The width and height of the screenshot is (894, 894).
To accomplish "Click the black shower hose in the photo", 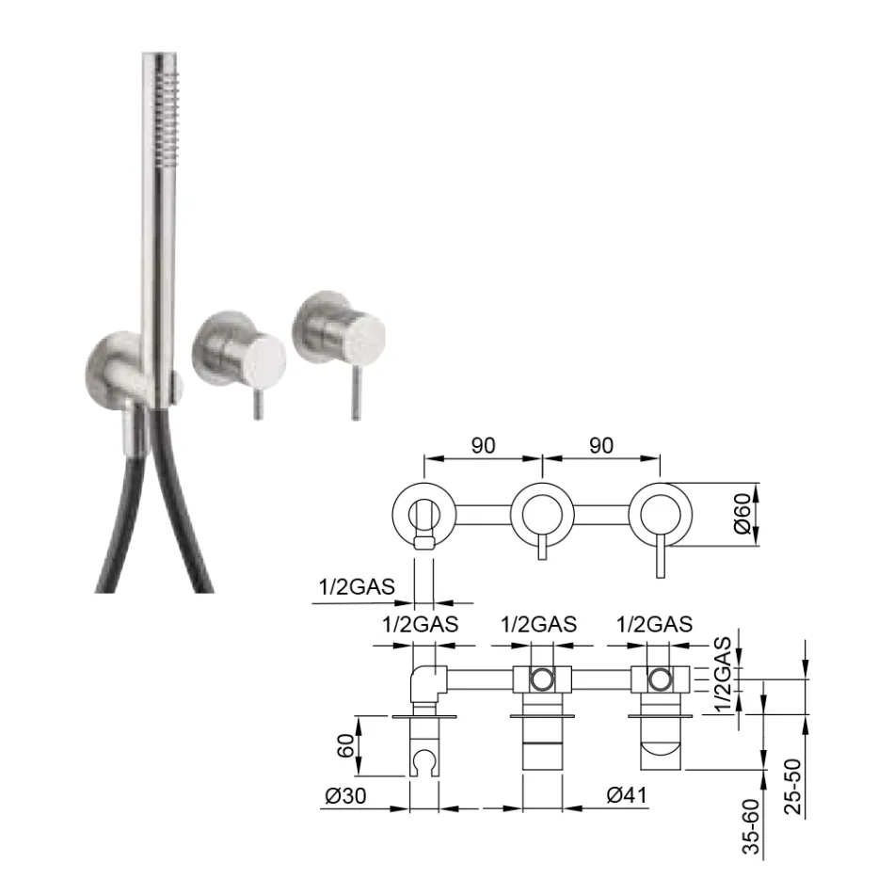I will (113, 527).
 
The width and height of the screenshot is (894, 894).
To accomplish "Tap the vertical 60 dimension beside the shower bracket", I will (344, 747).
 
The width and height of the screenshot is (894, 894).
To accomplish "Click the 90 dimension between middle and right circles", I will (602, 446).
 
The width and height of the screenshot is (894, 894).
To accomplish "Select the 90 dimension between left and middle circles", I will (484, 446).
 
